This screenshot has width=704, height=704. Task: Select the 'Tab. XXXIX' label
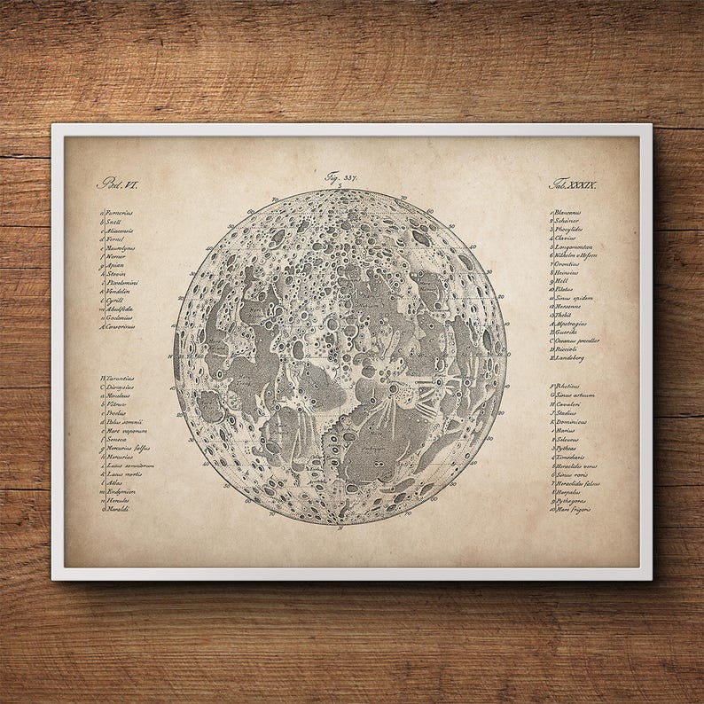(574, 184)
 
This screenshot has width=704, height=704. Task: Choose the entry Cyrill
(115, 301)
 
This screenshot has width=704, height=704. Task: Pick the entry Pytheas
(566, 448)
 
